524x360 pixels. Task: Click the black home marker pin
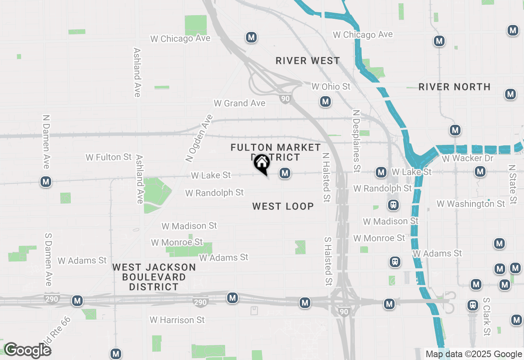(x=262, y=164)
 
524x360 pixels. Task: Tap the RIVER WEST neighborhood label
(x=308, y=61)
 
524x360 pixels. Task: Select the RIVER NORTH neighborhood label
(x=454, y=87)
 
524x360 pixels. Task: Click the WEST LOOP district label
(x=283, y=206)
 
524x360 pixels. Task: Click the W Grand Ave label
(x=239, y=103)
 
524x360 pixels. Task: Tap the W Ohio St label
(x=331, y=87)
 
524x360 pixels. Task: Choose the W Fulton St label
(x=108, y=157)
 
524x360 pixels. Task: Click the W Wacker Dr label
(x=468, y=158)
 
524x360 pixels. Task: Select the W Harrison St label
(x=177, y=320)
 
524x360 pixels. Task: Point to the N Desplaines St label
(x=356, y=141)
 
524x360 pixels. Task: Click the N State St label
(x=512, y=185)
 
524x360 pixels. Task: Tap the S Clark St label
(x=486, y=317)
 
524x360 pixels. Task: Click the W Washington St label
(x=471, y=204)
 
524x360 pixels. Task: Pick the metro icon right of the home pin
(x=285, y=173)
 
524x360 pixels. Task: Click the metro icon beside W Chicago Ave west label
(x=251, y=38)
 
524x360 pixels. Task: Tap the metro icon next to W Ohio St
(x=325, y=101)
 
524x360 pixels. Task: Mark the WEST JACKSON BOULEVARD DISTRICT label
(x=154, y=277)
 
